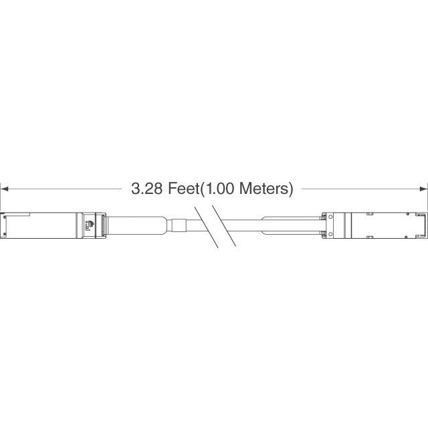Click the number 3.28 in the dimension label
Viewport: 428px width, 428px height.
(x=146, y=189)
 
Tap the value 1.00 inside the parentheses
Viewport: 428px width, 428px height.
(x=219, y=189)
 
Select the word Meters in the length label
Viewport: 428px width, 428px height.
(x=263, y=189)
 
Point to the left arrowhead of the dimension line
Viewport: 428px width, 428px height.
(x=4, y=189)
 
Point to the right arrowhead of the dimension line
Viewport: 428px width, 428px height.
(x=423, y=189)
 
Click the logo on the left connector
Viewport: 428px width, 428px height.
(x=89, y=225)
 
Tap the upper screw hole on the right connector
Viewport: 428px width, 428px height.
(x=330, y=217)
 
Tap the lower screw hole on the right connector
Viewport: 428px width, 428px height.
(x=330, y=234)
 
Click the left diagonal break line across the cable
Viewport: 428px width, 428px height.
(x=207, y=227)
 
